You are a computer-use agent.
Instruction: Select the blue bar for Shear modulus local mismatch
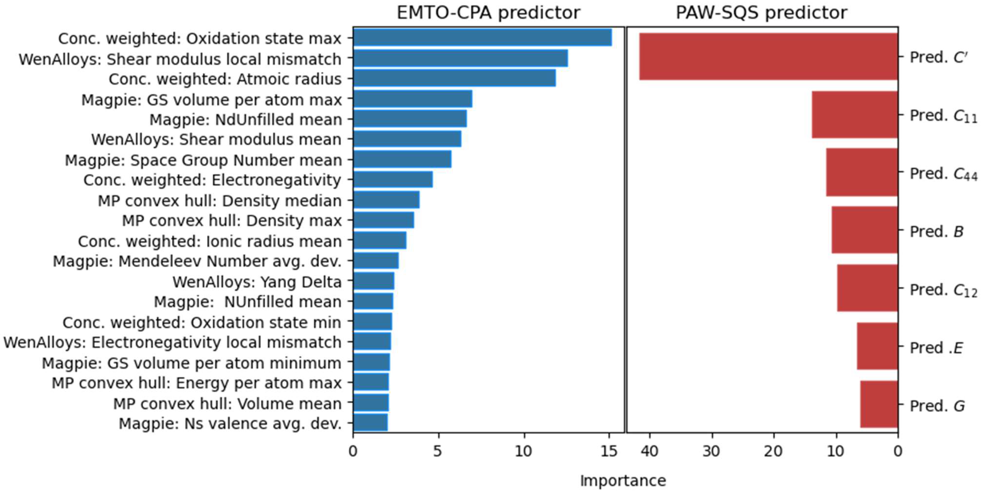coord(460,58)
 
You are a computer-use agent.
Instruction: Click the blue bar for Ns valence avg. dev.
coord(370,423)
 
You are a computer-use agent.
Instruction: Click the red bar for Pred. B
coord(864,230)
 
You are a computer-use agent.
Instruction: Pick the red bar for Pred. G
coord(879,404)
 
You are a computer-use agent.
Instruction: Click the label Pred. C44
coord(943,174)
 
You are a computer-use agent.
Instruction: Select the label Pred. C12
coord(943,290)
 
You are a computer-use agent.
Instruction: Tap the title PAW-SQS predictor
coord(761,13)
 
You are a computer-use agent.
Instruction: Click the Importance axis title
coord(623,481)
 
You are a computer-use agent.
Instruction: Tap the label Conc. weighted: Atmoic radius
coord(225,79)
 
